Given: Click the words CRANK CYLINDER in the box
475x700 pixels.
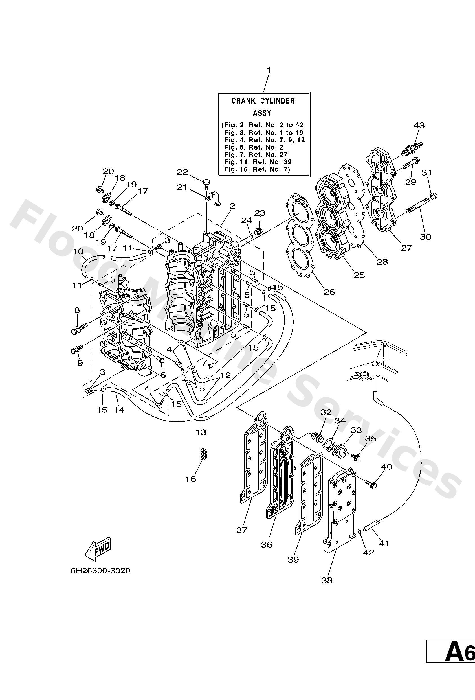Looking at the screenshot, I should (x=263, y=101).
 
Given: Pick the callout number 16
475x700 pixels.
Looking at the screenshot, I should (x=191, y=479).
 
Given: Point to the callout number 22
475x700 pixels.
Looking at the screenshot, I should (x=182, y=172).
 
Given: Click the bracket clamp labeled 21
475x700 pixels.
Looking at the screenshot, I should (x=212, y=199).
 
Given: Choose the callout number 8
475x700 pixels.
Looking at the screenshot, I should (x=77, y=310).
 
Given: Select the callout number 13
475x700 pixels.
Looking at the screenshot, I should (x=201, y=432).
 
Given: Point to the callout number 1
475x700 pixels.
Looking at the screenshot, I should (x=269, y=70).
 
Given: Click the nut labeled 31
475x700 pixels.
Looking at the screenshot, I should (x=434, y=196).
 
